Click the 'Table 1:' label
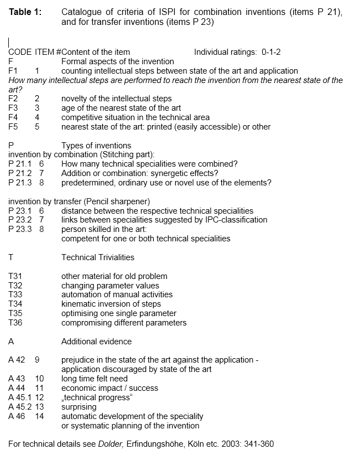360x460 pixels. (25, 12)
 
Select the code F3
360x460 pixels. (13, 108)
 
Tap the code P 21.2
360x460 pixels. (19, 173)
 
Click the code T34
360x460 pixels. (15, 304)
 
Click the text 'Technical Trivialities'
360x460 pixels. (97, 257)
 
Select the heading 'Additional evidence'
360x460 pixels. (96, 342)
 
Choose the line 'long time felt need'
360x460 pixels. (94, 379)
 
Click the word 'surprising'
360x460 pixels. (79, 407)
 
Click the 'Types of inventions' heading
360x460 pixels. (96, 146)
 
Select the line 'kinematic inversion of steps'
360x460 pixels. (111, 304)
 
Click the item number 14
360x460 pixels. (39, 416)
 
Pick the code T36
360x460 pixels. (15, 323)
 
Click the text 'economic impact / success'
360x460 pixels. (109, 388)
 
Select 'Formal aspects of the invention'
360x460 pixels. (117, 61)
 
